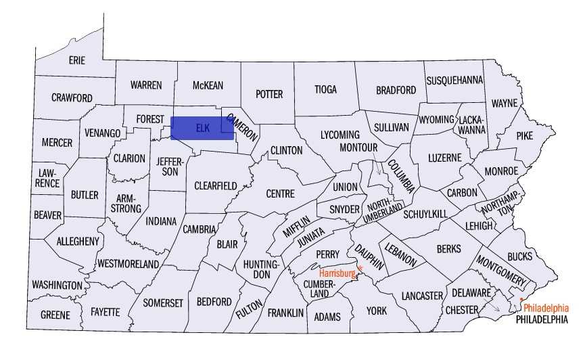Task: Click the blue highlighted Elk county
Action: [202, 128]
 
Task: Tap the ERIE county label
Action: [77, 60]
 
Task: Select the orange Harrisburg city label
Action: [337, 273]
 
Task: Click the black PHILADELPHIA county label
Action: [541, 319]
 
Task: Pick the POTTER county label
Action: [269, 94]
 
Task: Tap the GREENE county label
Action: [55, 315]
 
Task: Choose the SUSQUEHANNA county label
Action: [454, 80]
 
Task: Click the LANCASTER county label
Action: [422, 296]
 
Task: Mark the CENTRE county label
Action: [280, 194]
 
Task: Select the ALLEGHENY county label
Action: [78, 241]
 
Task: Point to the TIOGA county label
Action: [325, 89]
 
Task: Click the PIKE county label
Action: [525, 135]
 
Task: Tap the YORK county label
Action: [376, 311]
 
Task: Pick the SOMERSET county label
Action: [163, 303]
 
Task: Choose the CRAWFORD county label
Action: [72, 98]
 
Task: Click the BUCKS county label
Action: [519, 256]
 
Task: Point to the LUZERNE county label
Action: [444, 158]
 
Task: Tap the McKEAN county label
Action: [208, 85]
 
